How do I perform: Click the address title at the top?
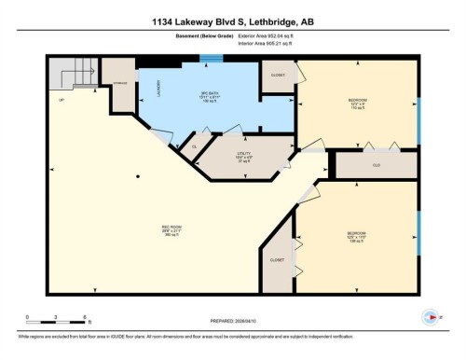(232, 21)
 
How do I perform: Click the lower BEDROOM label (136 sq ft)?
(356, 235)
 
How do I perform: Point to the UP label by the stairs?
(62, 99)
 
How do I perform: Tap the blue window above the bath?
(212, 58)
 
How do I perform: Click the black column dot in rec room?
(138, 175)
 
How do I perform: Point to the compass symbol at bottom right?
(431, 315)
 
